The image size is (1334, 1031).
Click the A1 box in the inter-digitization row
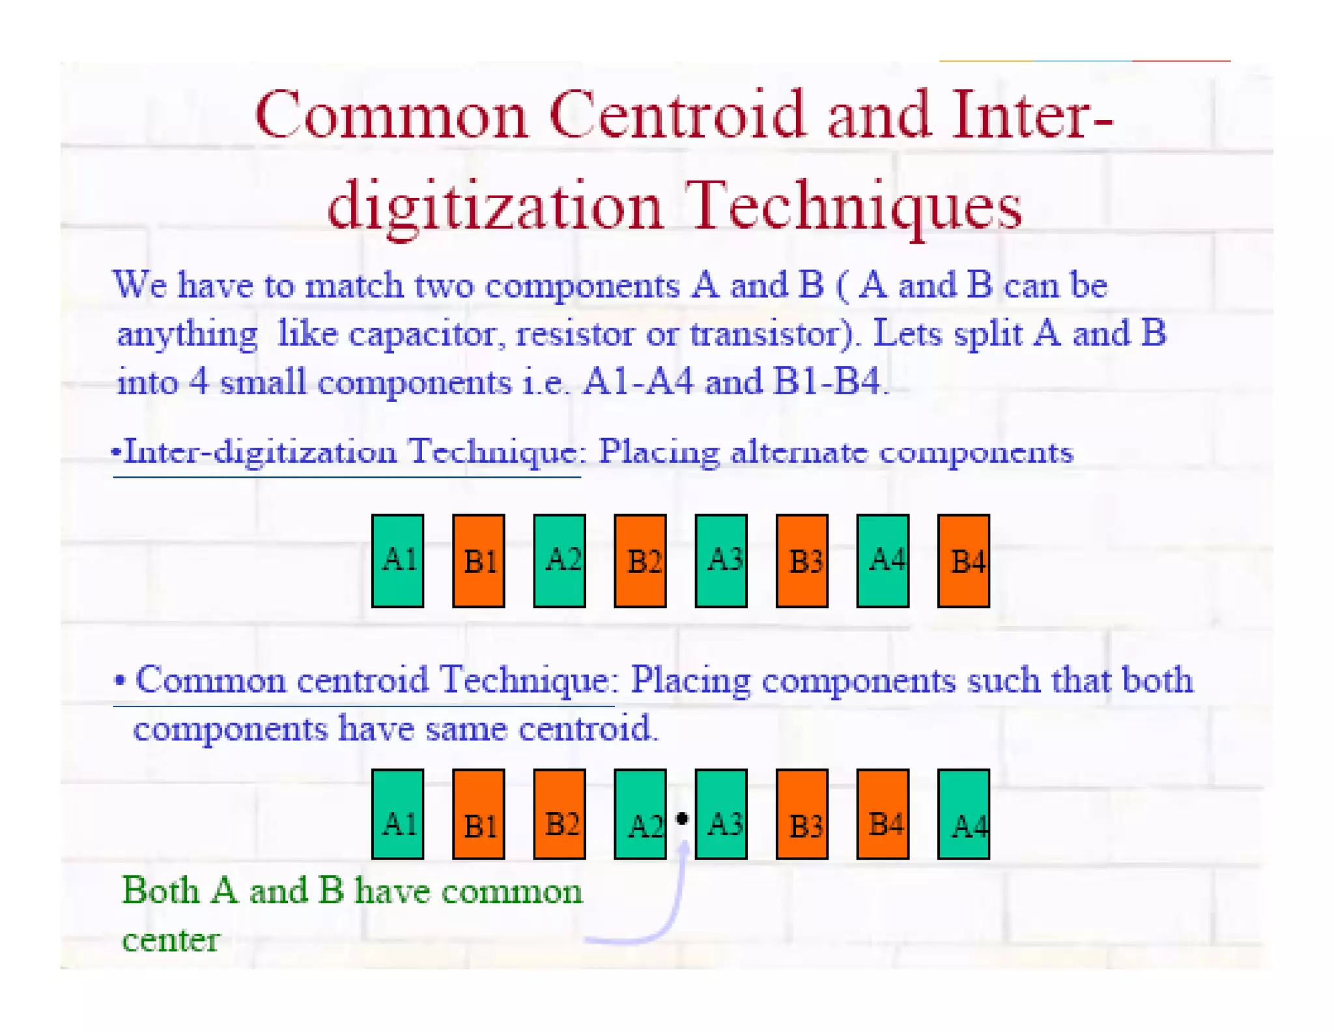tap(397, 560)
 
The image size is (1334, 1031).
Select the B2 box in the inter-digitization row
tap(640, 560)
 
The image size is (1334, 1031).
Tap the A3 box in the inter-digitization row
tap(720, 560)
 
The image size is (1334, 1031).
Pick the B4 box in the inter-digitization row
tap(963, 560)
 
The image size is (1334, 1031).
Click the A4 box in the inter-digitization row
tap(883, 560)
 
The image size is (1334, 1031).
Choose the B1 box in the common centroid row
tap(478, 814)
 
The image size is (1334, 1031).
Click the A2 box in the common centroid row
tap(640, 814)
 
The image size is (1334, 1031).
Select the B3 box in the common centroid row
tap(802, 814)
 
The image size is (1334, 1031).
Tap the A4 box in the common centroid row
tap(963, 814)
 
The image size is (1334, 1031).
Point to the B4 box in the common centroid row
tap(883, 814)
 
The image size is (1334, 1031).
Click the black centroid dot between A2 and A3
tap(681, 819)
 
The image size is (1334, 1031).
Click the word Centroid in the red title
tap(677, 115)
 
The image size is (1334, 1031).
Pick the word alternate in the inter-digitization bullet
tap(799, 452)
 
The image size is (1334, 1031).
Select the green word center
tap(171, 940)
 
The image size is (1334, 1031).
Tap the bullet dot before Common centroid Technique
tap(119, 680)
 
